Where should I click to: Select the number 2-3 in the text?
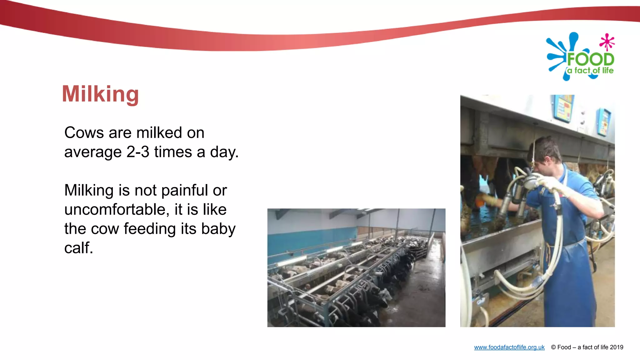(x=138, y=152)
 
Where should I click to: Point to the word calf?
(x=78, y=248)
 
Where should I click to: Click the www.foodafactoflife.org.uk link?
(x=509, y=347)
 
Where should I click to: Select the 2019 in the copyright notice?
(x=616, y=347)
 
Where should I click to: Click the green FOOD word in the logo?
(x=590, y=59)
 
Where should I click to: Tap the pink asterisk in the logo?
(x=607, y=42)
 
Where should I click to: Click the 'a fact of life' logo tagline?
(x=590, y=71)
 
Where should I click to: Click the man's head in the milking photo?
(x=546, y=153)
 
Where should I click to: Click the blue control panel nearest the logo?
(x=604, y=122)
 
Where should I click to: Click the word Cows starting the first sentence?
(x=84, y=133)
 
